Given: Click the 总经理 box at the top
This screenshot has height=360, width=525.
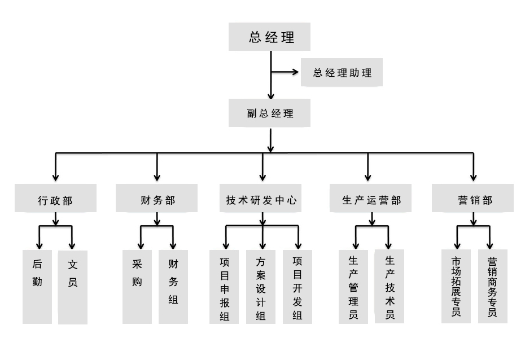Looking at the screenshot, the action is [269, 37].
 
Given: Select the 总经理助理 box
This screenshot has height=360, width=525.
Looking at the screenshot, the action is [342, 72].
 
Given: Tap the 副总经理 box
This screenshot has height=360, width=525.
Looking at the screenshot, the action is [269, 113].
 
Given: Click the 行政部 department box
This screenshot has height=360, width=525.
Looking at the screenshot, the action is [55, 198].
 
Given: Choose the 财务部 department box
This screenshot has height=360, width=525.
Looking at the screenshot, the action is [157, 198].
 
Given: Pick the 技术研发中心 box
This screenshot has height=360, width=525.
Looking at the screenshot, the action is [260, 198].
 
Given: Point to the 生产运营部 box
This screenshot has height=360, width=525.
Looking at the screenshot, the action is [371, 198].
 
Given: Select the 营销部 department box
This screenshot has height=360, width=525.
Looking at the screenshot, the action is [473, 198].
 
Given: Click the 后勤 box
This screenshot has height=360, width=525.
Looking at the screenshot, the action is [37, 287].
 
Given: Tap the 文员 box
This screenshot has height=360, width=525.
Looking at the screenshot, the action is [73, 287].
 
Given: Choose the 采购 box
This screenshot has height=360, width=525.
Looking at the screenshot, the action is [137, 287].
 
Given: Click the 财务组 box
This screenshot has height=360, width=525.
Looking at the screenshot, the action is [173, 287].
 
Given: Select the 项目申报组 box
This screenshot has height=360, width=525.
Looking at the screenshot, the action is [224, 287].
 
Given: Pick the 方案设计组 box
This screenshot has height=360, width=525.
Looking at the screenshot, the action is [261, 287].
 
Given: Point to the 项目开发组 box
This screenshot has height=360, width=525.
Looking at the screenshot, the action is [297, 287].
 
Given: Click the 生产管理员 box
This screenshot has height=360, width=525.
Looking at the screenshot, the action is [353, 287].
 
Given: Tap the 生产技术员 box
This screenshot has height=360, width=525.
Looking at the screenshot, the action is [390, 287].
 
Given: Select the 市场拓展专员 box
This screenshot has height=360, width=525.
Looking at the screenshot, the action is [456, 287].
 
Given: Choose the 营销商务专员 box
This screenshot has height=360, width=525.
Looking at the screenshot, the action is [492, 287].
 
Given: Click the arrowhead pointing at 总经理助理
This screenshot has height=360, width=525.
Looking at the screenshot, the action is [296, 72].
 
